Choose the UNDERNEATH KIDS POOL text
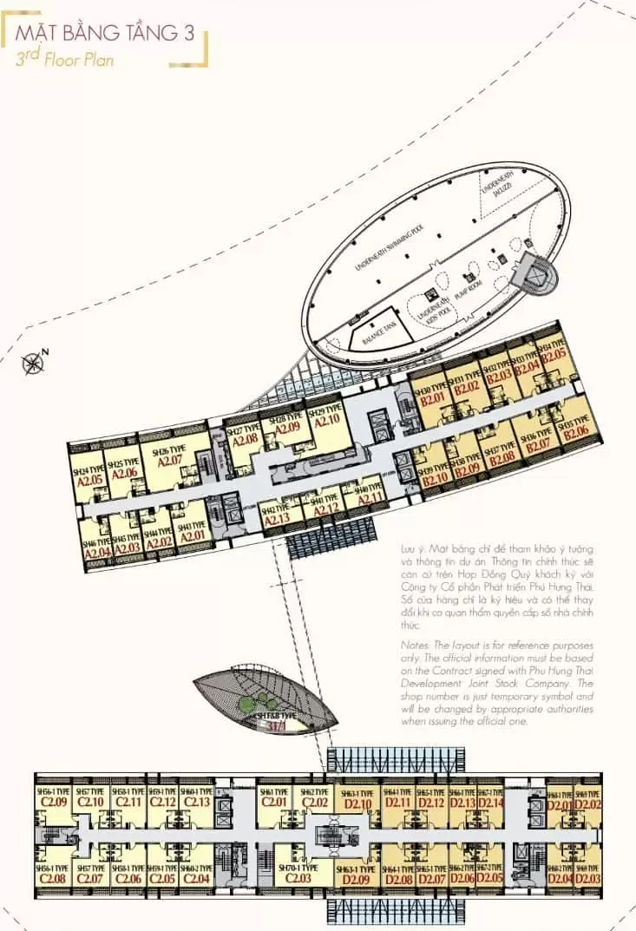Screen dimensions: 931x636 [431, 308]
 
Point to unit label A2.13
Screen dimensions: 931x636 [276, 519]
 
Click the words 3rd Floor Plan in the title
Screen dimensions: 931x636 [65, 60]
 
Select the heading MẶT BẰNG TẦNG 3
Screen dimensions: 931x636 [108, 35]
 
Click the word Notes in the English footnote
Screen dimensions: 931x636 [416, 646]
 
